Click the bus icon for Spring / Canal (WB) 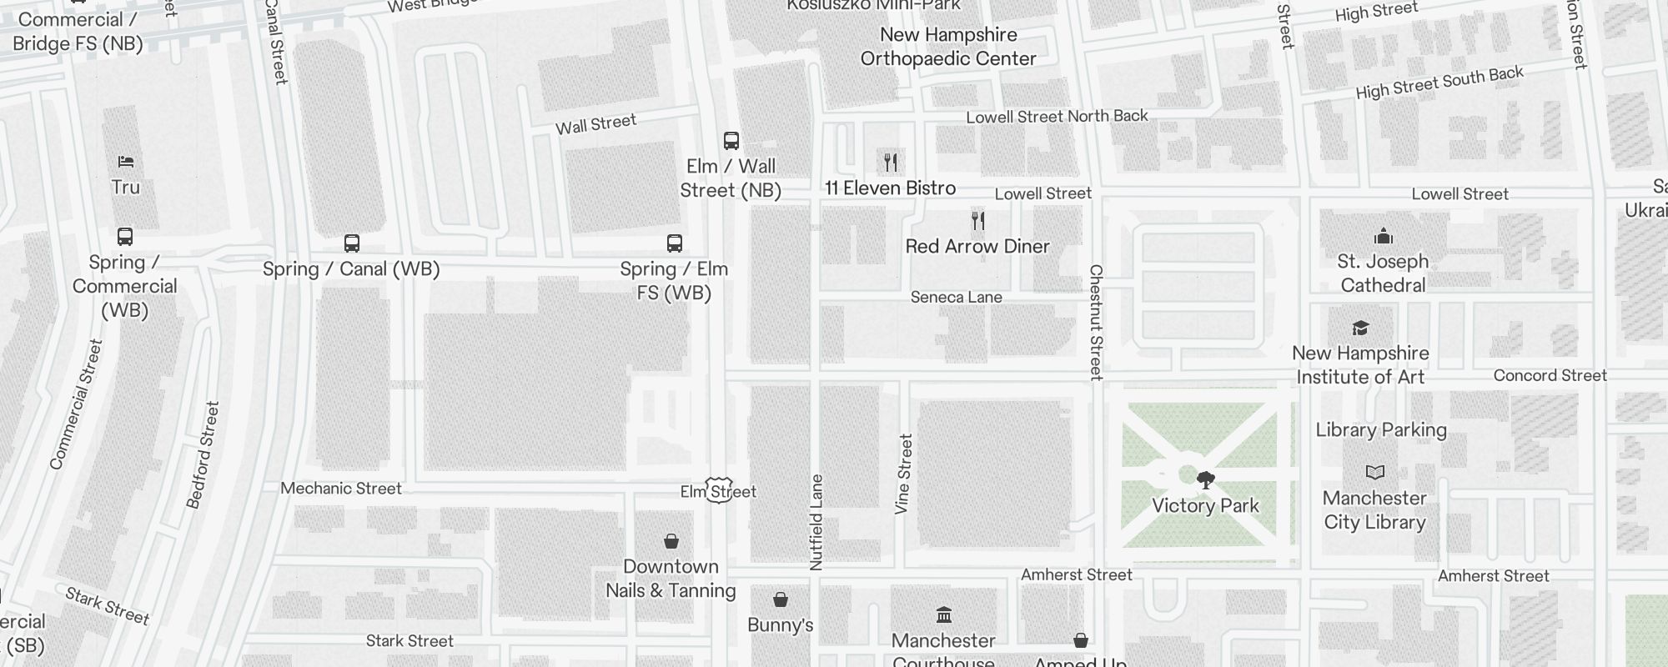352,243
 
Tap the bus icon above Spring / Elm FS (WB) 675,243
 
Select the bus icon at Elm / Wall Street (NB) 731,140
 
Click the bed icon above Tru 125,162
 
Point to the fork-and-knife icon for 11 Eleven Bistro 891,162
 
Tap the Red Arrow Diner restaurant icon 978,221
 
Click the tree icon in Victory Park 1205,480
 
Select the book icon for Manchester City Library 1375,473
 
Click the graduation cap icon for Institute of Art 1361,328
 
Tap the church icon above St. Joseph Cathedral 1384,236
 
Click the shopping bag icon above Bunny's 781,599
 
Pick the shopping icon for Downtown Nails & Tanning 671,541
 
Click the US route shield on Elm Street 719,490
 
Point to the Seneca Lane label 956,298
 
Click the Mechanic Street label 341,489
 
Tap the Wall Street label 595,124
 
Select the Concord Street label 1550,376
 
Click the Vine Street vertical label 904,474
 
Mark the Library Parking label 1381,430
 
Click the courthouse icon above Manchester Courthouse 944,615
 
